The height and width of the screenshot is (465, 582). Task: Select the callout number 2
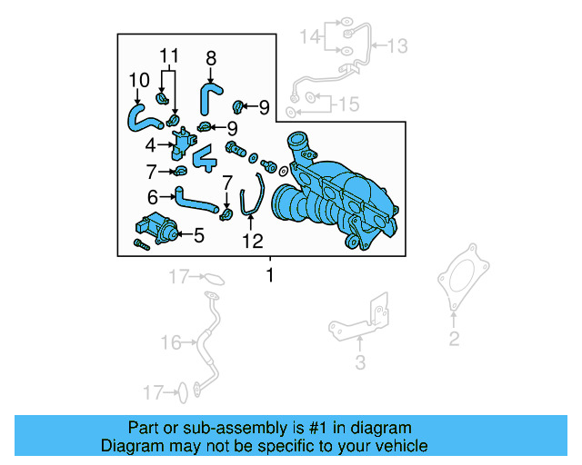click(x=454, y=340)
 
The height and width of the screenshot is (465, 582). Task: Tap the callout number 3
click(x=359, y=364)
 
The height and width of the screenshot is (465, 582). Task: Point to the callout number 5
click(x=198, y=236)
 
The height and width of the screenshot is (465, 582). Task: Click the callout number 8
click(x=210, y=59)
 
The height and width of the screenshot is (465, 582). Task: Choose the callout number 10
click(x=137, y=80)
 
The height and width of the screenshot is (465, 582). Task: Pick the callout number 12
click(x=252, y=241)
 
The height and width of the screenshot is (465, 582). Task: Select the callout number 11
click(x=166, y=55)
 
